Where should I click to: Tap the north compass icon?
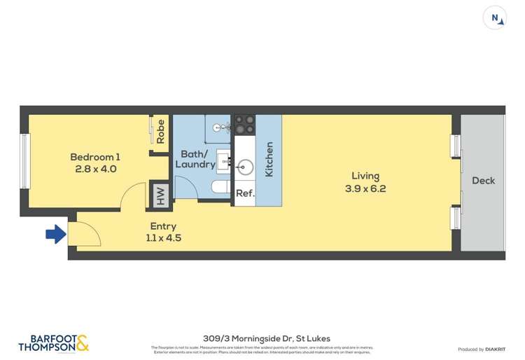(x=495, y=18)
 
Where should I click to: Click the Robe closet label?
(x=161, y=132)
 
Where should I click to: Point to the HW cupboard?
(x=160, y=195)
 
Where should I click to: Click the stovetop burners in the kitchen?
(x=244, y=125)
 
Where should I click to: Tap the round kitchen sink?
(x=244, y=167)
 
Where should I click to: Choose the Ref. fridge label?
(x=244, y=194)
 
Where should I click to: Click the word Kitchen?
(x=269, y=160)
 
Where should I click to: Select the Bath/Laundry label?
(x=195, y=159)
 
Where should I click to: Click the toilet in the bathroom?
(x=220, y=188)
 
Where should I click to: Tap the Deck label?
(x=483, y=180)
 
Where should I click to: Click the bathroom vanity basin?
(x=225, y=160)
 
